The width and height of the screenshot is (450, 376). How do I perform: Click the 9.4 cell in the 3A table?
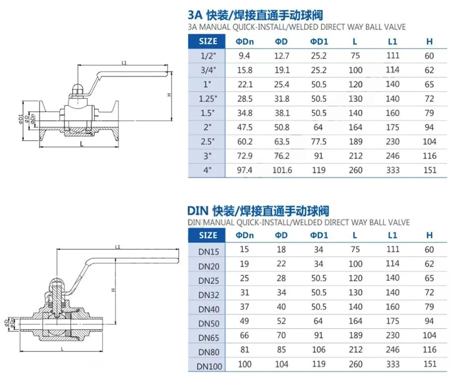click(x=244, y=56)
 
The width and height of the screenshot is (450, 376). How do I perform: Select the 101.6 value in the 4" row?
click(x=282, y=170)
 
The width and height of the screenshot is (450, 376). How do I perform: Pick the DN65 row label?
click(x=208, y=338)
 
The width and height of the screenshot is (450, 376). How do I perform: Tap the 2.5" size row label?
click(x=207, y=142)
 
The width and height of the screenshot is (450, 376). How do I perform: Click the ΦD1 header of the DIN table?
click(x=319, y=235)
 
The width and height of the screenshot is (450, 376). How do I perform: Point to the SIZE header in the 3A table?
click(x=208, y=42)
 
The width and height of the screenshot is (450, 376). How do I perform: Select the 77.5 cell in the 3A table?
click(x=319, y=142)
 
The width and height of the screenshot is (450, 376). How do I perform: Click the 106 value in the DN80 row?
click(x=318, y=349)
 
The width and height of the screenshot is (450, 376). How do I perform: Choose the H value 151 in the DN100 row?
click(x=429, y=364)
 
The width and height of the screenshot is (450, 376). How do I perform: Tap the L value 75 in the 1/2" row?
click(x=355, y=56)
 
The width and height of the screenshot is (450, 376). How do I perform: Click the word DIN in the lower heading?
click(x=197, y=211)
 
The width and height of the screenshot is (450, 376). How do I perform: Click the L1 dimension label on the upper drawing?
click(x=124, y=63)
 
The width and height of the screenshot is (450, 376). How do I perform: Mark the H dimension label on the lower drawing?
click(x=113, y=290)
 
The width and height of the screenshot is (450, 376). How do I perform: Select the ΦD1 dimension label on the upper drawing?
click(x=20, y=119)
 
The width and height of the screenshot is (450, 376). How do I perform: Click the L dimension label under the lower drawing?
click(x=62, y=349)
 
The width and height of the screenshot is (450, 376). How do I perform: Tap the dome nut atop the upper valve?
click(x=77, y=89)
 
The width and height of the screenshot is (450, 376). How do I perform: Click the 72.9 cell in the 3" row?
click(x=245, y=156)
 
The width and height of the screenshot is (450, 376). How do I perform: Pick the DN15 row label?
click(x=208, y=252)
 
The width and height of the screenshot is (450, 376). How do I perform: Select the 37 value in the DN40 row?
click(x=244, y=307)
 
